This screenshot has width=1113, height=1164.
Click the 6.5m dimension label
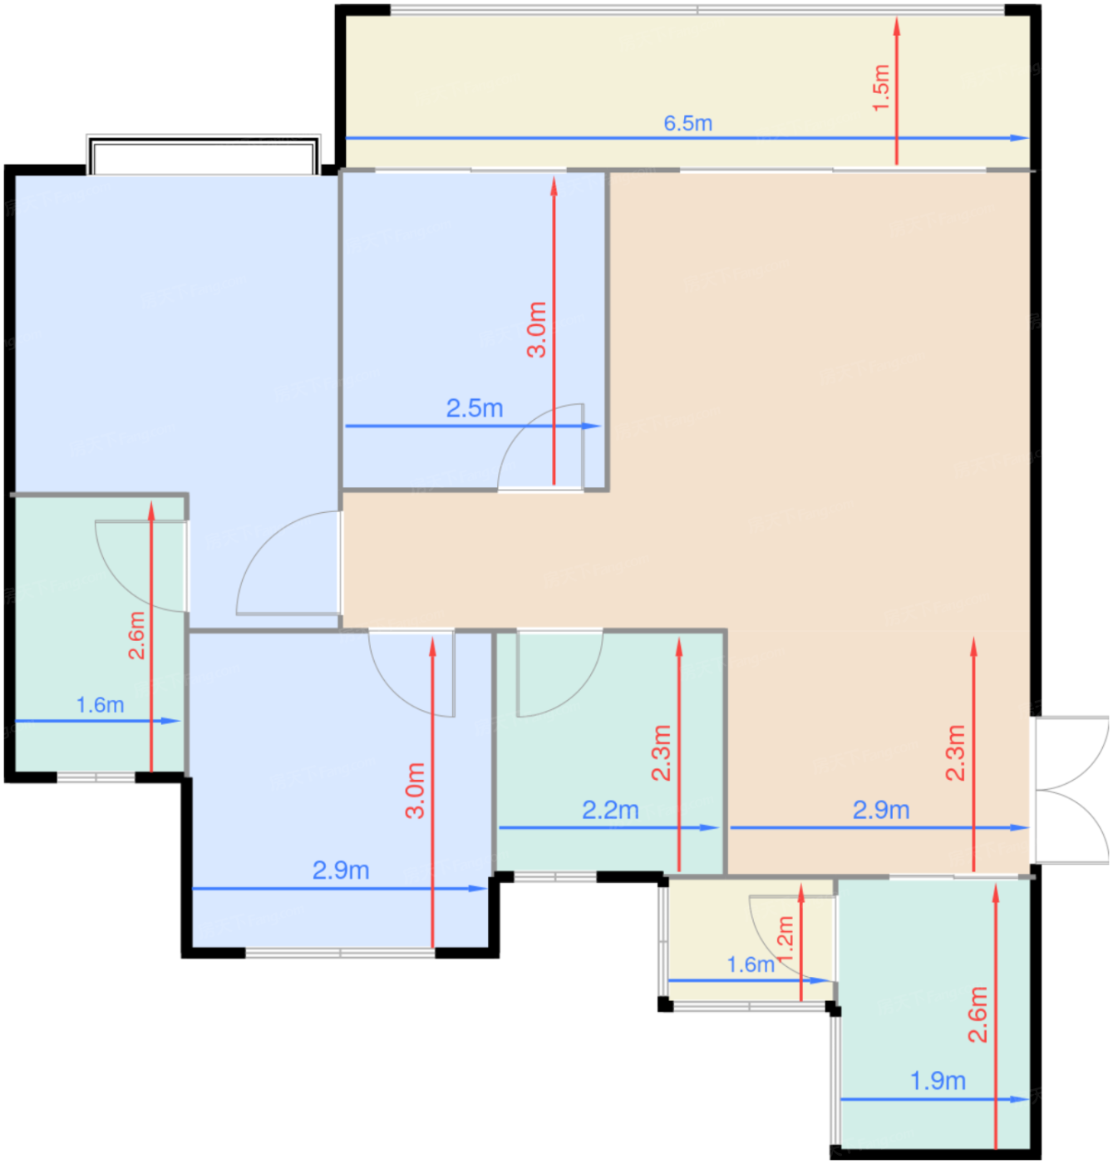point(687,123)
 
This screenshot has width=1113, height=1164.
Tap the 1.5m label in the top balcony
point(882,87)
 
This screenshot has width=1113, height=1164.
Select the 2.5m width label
point(475,408)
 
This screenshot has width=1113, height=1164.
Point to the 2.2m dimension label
point(610,810)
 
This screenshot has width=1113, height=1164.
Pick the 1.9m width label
point(937,1081)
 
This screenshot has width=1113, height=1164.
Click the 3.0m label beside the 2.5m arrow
point(536,329)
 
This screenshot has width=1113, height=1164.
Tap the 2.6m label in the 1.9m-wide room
point(978,1014)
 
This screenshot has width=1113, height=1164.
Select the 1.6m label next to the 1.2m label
point(750,964)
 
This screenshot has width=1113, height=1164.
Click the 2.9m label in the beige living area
point(880,810)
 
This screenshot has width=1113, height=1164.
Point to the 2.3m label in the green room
point(662,752)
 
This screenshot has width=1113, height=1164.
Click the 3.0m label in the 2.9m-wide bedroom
point(415,791)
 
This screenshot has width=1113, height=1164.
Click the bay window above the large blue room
point(204,155)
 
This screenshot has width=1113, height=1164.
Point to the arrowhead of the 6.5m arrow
point(1019,138)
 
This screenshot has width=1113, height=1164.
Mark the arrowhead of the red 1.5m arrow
point(896,25)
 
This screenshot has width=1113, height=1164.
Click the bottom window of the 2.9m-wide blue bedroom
point(340,952)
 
